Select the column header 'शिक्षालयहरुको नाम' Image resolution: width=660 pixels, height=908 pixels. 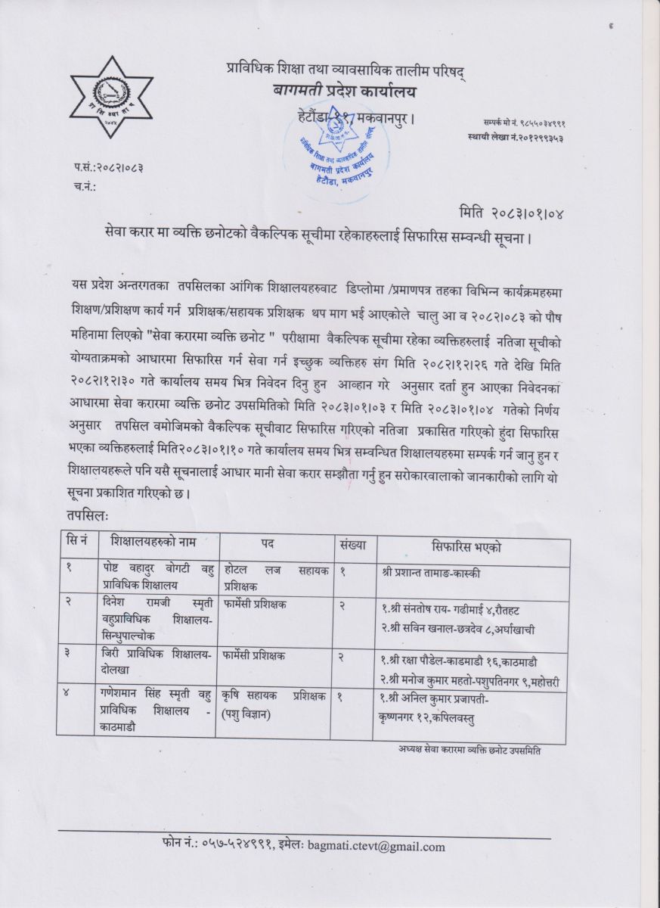pyautogui.click(x=154, y=545)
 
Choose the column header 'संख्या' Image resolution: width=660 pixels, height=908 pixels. pyautogui.click(x=352, y=545)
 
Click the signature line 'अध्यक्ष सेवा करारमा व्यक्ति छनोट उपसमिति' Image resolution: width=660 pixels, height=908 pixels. pyautogui.click(x=468, y=750)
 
